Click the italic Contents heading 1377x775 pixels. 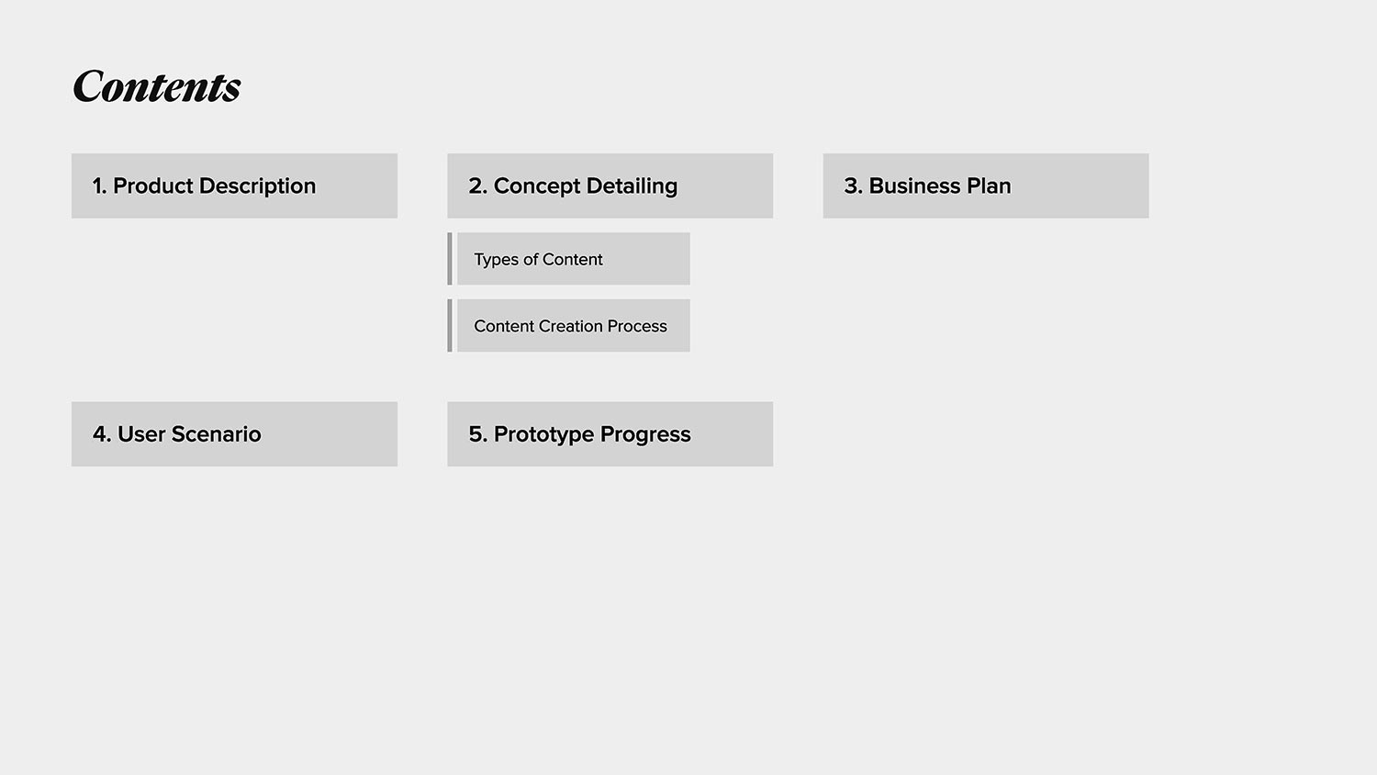(157, 86)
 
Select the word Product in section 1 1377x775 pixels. (152, 185)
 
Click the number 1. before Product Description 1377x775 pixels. (99, 185)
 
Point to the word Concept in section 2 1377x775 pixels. (537, 186)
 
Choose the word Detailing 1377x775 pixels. (632, 186)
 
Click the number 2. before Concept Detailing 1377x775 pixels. (477, 185)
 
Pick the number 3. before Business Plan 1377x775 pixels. (853, 185)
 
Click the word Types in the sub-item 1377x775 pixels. (496, 260)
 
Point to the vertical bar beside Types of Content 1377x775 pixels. (450, 259)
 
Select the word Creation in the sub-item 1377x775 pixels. (570, 326)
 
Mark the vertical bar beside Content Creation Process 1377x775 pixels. (450, 325)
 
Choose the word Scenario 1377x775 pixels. (216, 434)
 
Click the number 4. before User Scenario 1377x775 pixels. (102, 434)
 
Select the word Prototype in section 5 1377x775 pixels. (543, 435)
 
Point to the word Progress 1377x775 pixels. (645, 435)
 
